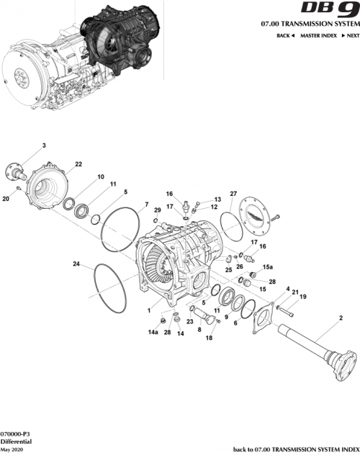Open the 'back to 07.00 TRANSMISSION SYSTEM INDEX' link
click(x=296, y=448)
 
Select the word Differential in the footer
click(x=14, y=441)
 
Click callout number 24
click(x=76, y=264)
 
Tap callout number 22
click(x=78, y=164)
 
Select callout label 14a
click(x=153, y=332)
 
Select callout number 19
click(x=302, y=297)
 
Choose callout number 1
click(x=148, y=311)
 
